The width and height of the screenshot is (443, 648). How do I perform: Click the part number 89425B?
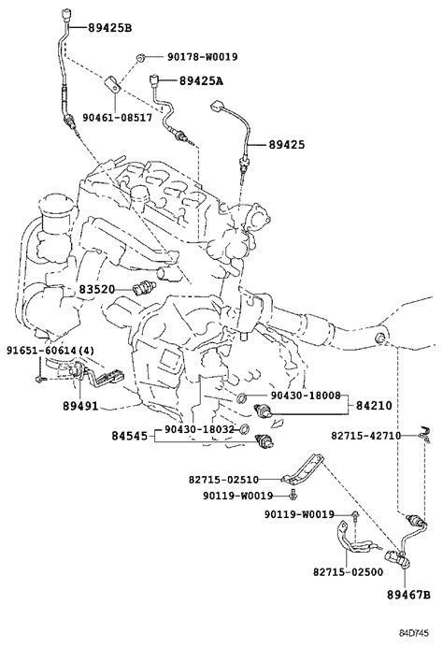coord(109,28)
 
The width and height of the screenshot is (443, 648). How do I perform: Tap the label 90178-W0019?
coord(203,57)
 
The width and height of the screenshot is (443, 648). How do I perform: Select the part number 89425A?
coord(201,81)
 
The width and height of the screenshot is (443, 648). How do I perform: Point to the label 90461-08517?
coord(118,118)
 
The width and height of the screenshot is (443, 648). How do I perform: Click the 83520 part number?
coord(96,289)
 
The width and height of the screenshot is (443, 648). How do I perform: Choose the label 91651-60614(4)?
coord(50,351)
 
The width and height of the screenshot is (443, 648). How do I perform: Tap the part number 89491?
coord(80,406)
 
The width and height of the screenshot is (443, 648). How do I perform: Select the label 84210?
coord(374,406)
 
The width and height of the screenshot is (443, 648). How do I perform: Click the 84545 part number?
coord(129,436)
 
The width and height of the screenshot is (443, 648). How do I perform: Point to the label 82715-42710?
coord(365,436)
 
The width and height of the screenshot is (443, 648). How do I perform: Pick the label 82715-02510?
coord(223,480)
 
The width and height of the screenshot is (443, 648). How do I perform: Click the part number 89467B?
coord(408,595)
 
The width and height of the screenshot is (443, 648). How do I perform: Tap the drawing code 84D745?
coord(414,633)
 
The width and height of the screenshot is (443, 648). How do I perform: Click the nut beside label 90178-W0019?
coord(140,58)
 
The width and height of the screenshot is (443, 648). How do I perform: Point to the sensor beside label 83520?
coord(145,287)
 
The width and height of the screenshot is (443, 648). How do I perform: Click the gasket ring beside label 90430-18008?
coord(242,398)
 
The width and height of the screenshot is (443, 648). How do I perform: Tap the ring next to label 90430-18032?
coord(244,429)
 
